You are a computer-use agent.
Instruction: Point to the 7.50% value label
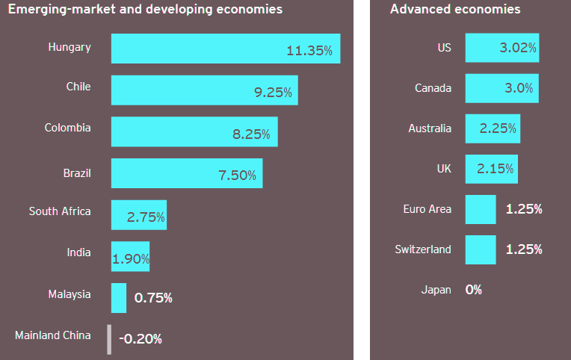coord(237,176)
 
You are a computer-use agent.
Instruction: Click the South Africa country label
coord(60,211)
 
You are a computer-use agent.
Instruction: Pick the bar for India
coord(130,256)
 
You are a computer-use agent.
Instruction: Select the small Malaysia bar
coord(119,297)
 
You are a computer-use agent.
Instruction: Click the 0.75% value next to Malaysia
coord(153,298)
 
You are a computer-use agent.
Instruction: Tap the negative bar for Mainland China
coord(109,338)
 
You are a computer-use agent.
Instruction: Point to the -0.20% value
coord(141,339)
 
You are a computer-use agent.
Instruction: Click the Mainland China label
coord(53,335)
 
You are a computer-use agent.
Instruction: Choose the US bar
coord(501,47)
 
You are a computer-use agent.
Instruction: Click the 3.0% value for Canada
coord(519,88)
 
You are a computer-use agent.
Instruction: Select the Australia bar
coord(493,128)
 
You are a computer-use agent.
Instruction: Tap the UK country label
coord(444,169)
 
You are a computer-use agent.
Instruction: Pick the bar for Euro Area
coord(481,209)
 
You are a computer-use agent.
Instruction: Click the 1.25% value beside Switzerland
coord(524,249)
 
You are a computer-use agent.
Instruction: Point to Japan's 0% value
coord(474,290)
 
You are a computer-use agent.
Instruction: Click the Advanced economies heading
coord(455,10)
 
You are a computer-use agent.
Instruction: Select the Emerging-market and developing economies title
coord(145,10)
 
